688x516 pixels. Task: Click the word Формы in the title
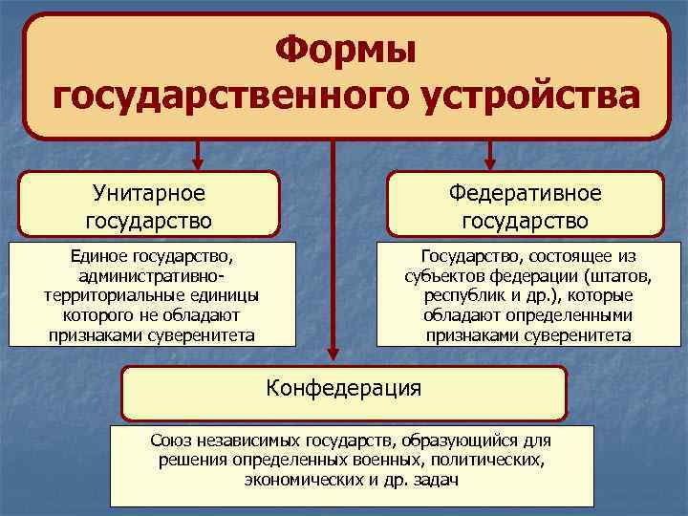(345, 50)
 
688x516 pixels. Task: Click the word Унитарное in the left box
(149, 193)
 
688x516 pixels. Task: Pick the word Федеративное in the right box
(526, 193)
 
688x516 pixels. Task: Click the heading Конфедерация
(343, 388)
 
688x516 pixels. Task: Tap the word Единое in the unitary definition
(97, 256)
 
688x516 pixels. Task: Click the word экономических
(304, 480)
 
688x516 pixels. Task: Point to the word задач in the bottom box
(437, 480)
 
